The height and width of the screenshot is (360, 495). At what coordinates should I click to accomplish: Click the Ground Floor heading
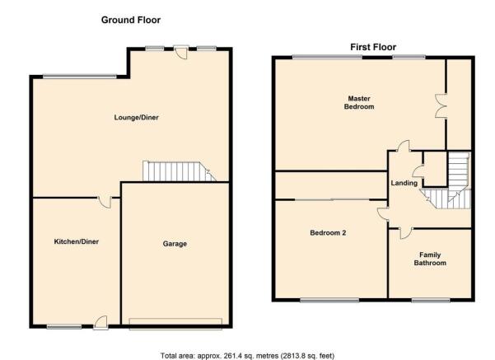[131, 20]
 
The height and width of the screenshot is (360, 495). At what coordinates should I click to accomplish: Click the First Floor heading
[373, 47]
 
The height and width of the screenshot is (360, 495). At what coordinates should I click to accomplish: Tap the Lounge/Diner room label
[137, 118]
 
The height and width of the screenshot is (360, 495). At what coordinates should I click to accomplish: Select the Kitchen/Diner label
[77, 241]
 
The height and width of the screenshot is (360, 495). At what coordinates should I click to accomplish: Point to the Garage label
[175, 244]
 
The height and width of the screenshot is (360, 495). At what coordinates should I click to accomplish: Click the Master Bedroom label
[359, 103]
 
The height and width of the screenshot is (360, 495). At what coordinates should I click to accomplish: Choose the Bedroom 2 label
[328, 233]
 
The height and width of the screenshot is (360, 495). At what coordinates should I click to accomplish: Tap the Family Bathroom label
[430, 259]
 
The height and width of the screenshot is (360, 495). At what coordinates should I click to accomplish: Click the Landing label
[404, 183]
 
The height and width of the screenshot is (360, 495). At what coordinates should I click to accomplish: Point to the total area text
[247, 356]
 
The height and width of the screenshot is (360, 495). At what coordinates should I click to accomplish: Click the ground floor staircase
[179, 171]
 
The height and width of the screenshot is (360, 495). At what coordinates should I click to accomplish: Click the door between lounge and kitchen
[105, 203]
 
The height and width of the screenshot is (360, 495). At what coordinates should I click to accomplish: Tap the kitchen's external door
[101, 322]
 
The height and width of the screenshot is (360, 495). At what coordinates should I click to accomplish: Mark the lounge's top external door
[181, 53]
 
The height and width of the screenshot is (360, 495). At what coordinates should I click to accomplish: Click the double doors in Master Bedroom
[441, 105]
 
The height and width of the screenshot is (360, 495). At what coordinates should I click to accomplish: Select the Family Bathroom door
[405, 233]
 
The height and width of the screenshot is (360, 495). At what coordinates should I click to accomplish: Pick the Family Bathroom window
[431, 301]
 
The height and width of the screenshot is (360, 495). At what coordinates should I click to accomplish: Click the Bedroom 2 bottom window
[329, 301]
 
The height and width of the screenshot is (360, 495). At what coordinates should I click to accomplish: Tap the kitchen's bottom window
[64, 327]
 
